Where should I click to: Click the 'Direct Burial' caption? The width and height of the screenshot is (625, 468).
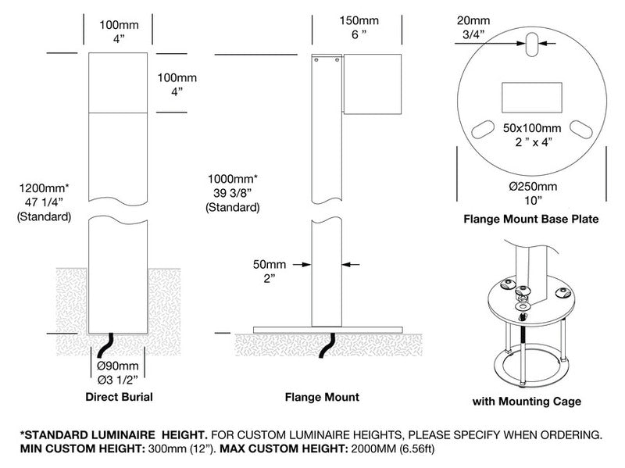tap(119, 397)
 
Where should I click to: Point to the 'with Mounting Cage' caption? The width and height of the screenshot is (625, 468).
tap(528, 402)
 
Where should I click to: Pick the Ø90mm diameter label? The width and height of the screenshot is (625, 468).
tap(118, 366)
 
